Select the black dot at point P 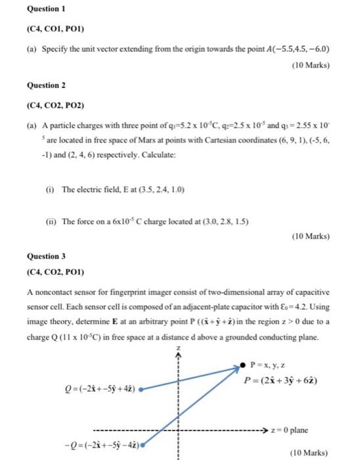point(242,365)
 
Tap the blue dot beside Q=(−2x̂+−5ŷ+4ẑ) point(142,389)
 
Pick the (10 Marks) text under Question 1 point(307,66)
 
